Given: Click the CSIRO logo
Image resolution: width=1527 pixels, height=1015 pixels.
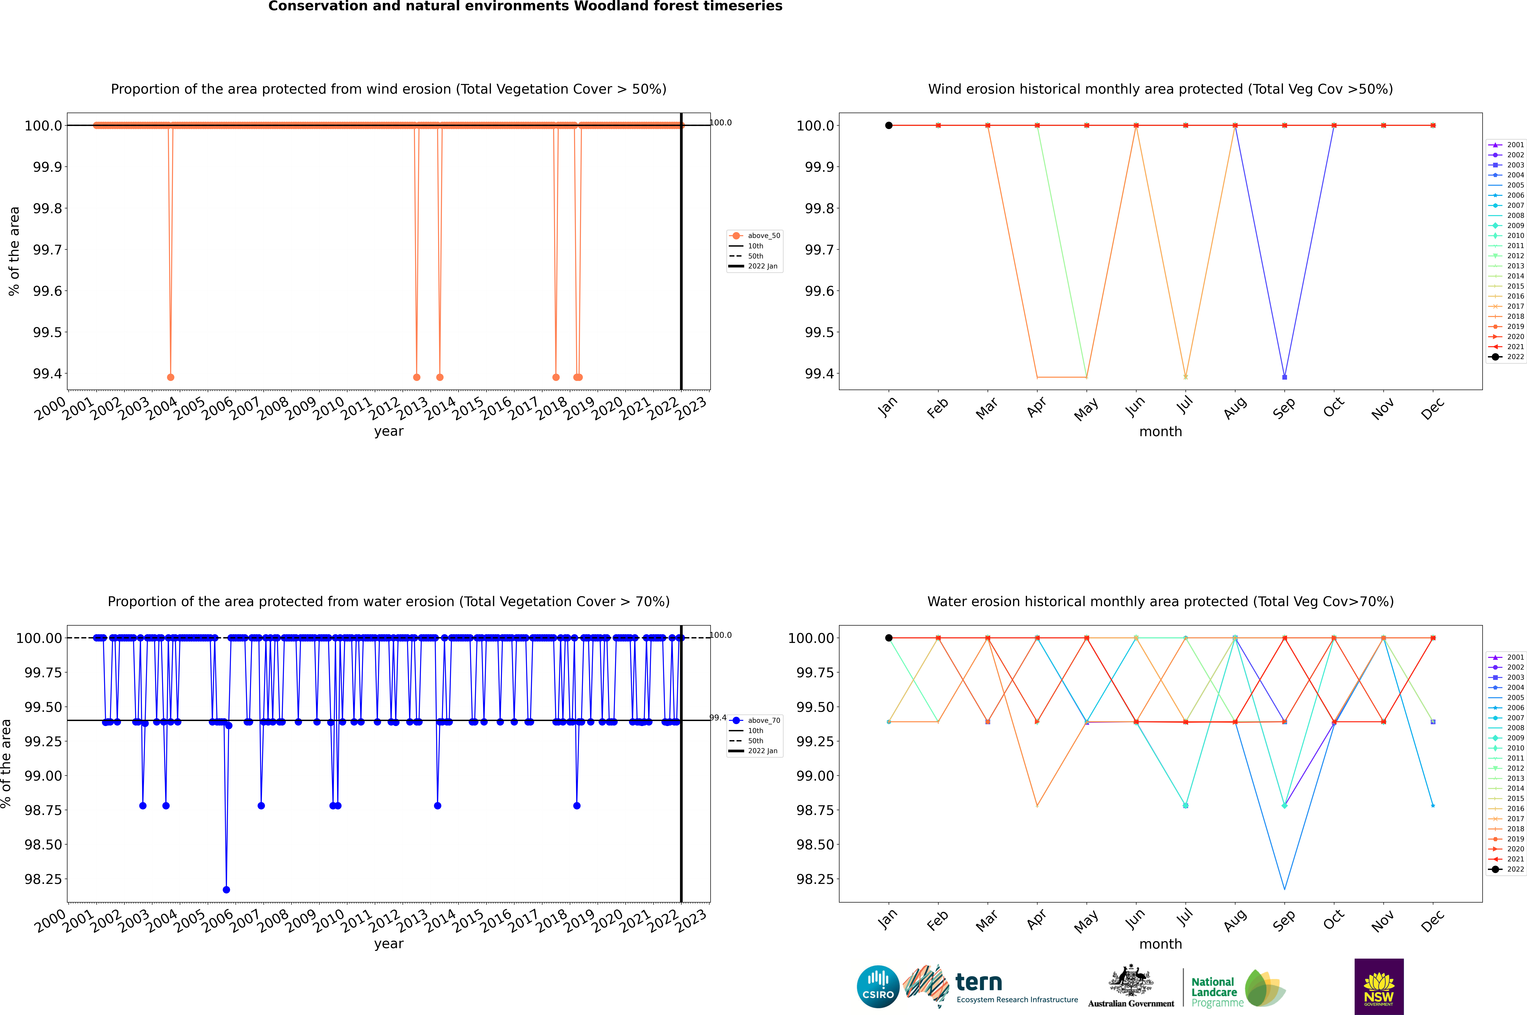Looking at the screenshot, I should (878, 987).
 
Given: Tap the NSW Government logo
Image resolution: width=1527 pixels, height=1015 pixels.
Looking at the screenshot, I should (1379, 987).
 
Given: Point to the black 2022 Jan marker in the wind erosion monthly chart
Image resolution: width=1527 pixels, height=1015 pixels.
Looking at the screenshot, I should (889, 126).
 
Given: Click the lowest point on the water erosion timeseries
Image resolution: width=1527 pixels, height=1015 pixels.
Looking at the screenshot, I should (226, 889).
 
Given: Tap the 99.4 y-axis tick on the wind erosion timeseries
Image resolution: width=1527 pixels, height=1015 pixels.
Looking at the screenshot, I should (47, 374).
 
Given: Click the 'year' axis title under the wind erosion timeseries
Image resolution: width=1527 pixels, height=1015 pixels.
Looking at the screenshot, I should (388, 431).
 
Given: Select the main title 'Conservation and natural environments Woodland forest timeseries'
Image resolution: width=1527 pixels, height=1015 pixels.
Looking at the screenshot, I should (525, 6).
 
